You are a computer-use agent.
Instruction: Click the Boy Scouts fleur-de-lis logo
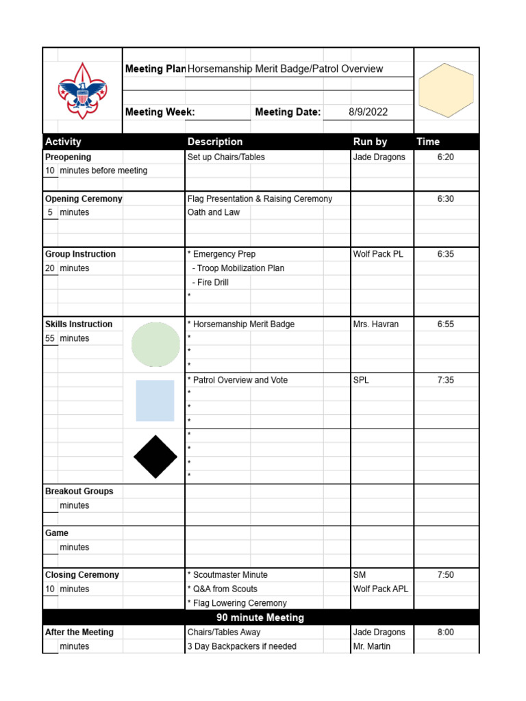(82, 91)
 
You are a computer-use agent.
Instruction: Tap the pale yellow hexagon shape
(446, 90)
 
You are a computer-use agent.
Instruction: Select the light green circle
(155, 344)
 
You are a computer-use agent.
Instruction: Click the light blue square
(155, 400)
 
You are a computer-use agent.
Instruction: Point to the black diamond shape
(155, 457)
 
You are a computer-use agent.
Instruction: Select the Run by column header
(370, 142)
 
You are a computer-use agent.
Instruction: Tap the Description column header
(215, 142)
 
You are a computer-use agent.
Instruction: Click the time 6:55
(445, 324)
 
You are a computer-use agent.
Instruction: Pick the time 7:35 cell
(445, 380)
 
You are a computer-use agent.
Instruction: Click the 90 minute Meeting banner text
(260, 617)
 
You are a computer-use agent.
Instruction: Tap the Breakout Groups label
(79, 492)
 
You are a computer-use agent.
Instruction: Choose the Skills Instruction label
(79, 324)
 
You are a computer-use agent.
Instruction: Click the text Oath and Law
(214, 212)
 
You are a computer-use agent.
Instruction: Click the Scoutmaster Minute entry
(229, 575)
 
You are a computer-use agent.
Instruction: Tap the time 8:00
(445, 633)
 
